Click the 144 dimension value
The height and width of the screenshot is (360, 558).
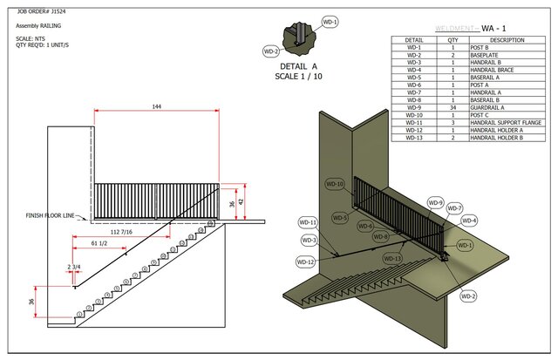coord(157,105)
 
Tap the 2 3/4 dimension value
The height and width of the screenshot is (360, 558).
coord(74,266)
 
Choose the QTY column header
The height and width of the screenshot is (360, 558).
coord(453,40)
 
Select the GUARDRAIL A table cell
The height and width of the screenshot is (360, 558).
coord(507,107)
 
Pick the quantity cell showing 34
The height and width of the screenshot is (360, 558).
coord(453,107)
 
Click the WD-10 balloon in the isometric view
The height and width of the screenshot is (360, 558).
coord(335,184)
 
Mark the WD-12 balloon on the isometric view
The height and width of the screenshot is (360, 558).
coord(305,262)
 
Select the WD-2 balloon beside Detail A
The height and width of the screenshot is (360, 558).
coord(271,51)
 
